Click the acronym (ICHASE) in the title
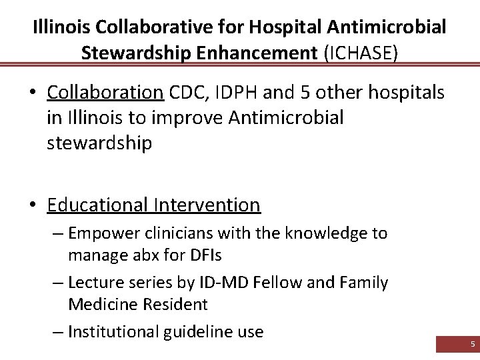pos(361,52)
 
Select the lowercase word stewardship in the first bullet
pos(99,143)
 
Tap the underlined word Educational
pos(98,204)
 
